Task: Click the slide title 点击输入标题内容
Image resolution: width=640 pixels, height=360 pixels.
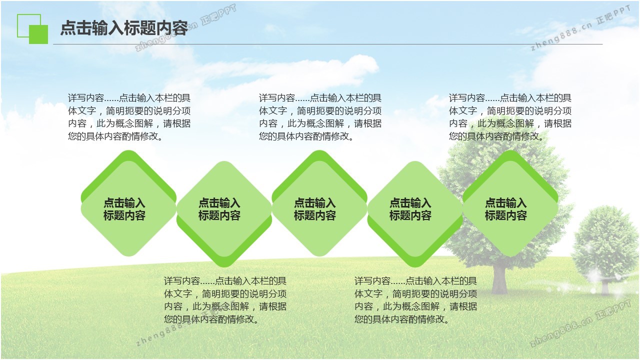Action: coord(124,28)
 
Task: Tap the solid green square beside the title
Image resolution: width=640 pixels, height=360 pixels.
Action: coord(38,34)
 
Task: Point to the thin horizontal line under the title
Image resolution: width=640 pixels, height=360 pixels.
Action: coord(327,44)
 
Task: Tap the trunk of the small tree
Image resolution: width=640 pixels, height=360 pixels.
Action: coord(605,285)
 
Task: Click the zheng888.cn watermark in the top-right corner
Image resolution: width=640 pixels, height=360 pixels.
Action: coord(580,28)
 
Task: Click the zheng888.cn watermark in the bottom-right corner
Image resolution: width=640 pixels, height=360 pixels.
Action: coord(580,323)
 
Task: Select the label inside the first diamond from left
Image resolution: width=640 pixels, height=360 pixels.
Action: coord(124,209)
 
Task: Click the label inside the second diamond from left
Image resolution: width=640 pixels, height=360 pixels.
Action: coord(219,209)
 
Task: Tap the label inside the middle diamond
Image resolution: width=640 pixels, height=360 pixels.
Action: coord(315,209)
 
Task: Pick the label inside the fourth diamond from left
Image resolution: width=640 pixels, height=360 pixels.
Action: coord(410,209)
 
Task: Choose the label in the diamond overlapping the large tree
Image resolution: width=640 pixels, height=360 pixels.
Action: coord(505,209)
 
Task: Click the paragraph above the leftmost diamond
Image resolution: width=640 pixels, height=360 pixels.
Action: coord(129,117)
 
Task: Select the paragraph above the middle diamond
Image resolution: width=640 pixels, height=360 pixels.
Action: coord(320,117)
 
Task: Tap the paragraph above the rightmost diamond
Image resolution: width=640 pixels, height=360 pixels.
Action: coord(510,117)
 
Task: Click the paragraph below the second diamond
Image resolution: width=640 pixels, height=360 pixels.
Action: coord(225,300)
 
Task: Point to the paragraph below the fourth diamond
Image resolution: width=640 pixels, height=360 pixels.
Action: coord(415,300)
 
